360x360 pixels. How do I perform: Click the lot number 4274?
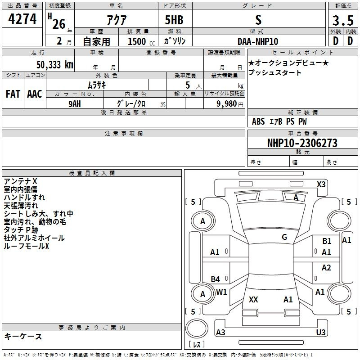22,19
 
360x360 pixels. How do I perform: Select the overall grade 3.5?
343,20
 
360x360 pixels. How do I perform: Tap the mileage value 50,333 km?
55,65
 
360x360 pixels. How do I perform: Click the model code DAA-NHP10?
258,41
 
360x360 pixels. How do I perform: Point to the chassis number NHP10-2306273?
302,143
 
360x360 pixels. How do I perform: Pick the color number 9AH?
75,104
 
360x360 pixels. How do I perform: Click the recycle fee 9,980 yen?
230,104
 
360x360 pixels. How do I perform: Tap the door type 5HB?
174,20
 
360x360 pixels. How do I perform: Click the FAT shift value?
13,94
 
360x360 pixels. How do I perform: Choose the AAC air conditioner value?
35,94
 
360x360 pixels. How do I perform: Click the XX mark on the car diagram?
253,299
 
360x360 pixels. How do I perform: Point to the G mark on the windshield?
284,237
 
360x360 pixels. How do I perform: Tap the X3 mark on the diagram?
321,184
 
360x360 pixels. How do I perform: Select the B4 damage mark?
215,279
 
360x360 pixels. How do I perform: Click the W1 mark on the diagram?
221,292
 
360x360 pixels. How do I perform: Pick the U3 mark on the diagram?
321,332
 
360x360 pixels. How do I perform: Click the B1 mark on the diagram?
327,241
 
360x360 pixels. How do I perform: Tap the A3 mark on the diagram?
220,332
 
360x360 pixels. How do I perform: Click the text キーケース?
23,336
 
